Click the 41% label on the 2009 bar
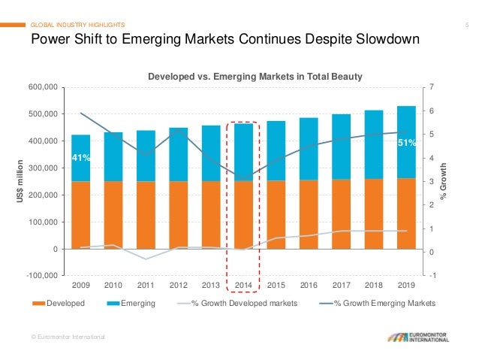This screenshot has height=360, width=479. click(81, 159)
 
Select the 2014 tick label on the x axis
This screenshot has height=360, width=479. click(243, 285)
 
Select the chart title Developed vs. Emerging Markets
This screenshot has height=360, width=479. click(243, 76)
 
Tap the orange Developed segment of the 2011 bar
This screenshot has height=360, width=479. click(146, 214)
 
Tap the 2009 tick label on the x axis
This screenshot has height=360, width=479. click(80, 285)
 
